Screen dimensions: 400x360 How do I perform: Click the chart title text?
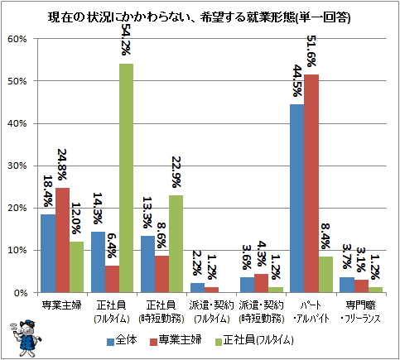click(199, 17)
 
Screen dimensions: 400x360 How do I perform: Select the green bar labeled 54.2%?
click(126, 178)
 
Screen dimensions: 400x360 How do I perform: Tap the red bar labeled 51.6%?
click(311, 184)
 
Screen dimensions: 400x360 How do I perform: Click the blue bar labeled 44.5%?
click(297, 199)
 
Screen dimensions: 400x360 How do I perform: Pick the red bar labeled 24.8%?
click(62, 240)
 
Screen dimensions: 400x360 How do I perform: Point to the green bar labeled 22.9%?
click(176, 244)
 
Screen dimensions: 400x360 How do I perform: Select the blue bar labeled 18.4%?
click(48, 253)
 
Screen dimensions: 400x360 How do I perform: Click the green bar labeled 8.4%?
click(325, 275)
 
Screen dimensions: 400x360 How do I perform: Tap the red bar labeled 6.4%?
click(112, 279)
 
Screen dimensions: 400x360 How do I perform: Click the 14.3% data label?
click(98, 209)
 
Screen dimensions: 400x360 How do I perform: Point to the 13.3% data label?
click(147, 213)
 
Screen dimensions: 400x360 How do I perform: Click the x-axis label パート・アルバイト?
click(311, 312)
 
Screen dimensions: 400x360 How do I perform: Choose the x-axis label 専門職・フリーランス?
click(360, 312)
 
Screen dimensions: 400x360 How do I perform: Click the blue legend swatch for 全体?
click(111, 342)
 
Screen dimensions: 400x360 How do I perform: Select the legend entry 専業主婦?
click(176, 340)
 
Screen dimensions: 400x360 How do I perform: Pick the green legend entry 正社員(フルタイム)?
click(254, 340)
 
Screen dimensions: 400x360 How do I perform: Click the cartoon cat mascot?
click(26, 338)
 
